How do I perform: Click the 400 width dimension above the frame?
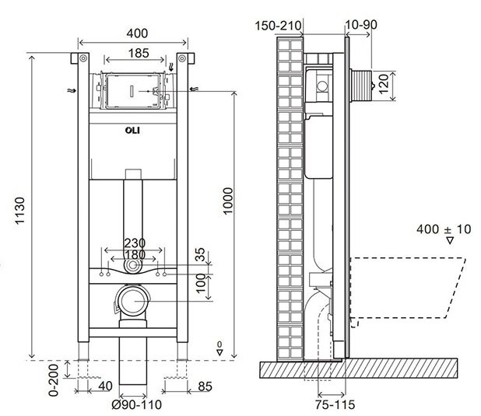click(x=137, y=33)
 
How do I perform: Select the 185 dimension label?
click(x=139, y=54)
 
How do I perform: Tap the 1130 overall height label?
click(x=19, y=211)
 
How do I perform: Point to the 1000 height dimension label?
click(x=228, y=201)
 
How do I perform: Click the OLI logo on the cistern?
click(x=132, y=131)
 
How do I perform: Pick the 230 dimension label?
click(x=135, y=243)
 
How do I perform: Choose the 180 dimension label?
click(x=135, y=254)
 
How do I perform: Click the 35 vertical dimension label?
click(x=200, y=254)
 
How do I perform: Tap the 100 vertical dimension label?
click(x=201, y=283)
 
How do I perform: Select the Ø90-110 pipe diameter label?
click(x=136, y=404)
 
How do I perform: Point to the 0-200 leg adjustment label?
click(x=54, y=380)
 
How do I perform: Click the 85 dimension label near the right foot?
click(x=205, y=386)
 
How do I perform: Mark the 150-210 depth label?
click(x=278, y=26)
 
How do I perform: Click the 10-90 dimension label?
click(x=361, y=25)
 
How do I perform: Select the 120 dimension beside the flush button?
click(x=384, y=84)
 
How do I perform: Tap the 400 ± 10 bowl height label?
click(x=444, y=229)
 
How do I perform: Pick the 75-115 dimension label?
click(x=335, y=404)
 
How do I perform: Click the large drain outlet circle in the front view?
click(x=133, y=301)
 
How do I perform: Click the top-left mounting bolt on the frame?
click(x=83, y=58)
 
